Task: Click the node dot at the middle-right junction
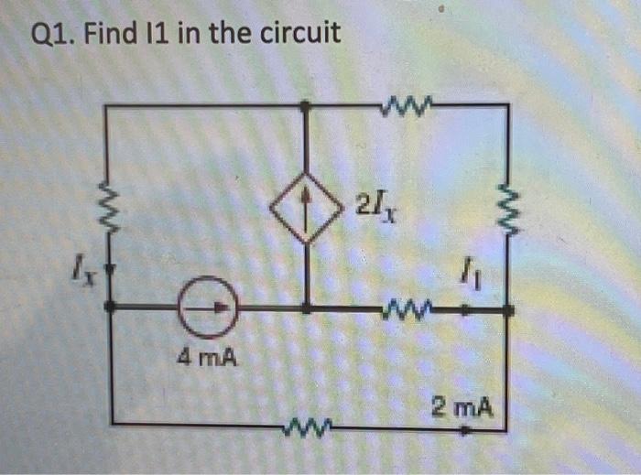point(510,311)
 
